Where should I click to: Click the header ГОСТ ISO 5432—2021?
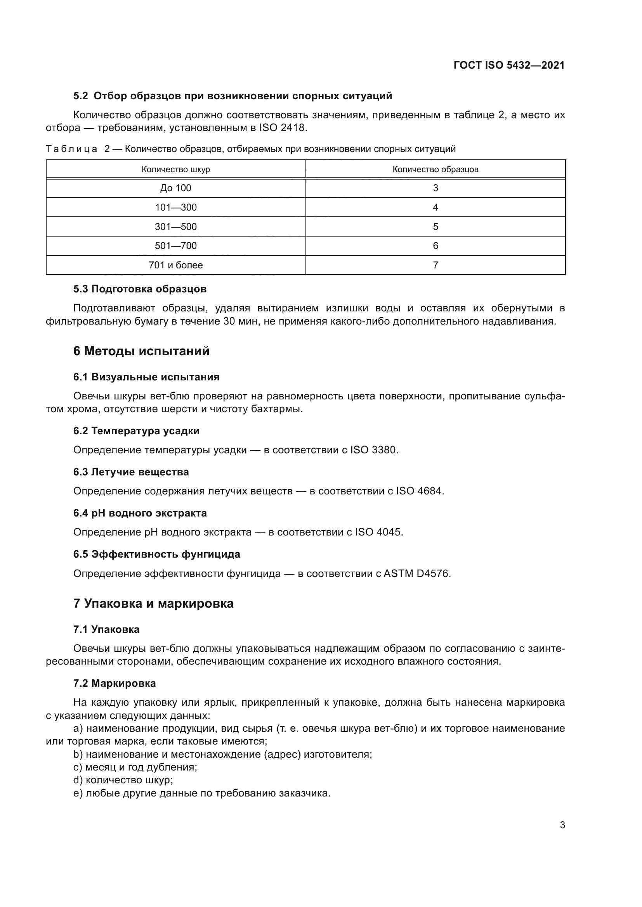[509, 65]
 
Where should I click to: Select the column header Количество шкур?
[175, 169]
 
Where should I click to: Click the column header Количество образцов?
[435, 169]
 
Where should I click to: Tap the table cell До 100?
[175, 188]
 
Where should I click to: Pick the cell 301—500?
[175, 227]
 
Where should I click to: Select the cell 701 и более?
[175, 265]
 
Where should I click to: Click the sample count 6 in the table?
[435, 246]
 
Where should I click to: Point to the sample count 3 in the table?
[435, 188]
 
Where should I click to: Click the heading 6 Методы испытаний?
[141, 351]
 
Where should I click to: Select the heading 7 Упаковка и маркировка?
[153, 604]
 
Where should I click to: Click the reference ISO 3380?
[373, 450]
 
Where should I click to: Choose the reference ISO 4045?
[379, 532]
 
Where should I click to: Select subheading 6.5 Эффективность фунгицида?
[156, 554]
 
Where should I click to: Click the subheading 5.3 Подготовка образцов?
[140, 289]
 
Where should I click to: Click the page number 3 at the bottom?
[562, 825]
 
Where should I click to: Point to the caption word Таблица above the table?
[71, 149]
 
